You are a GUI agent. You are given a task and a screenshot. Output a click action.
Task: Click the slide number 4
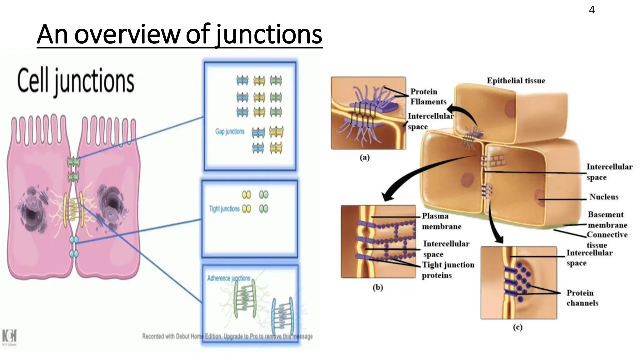pyautogui.click(x=592, y=10)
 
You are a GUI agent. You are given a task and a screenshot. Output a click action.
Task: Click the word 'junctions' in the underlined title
pyautogui.click(x=269, y=35)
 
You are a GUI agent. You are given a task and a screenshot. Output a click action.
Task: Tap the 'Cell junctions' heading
pyautogui.click(x=76, y=81)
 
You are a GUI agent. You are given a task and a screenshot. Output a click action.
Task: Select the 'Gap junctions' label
pyautogui.click(x=230, y=132)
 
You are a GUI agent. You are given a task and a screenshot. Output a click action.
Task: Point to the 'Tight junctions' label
pyautogui.click(x=224, y=209)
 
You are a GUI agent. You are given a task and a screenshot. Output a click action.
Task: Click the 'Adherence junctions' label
pyautogui.click(x=229, y=278)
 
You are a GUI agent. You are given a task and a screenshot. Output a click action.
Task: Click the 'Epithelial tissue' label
pyautogui.click(x=516, y=81)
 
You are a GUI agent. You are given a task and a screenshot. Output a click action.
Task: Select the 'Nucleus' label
pyautogui.click(x=604, y=197)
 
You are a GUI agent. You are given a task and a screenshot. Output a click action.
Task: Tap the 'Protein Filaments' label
pyautogui.click(x=428, y=97)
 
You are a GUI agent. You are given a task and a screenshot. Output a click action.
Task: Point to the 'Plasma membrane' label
pyautogui.click(x=441, y=221)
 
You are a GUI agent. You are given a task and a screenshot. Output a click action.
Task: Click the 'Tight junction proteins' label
pyautogui.click(x=448, y=270)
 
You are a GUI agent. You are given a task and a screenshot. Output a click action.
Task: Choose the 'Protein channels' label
pyautogui.click(x=582, y=298)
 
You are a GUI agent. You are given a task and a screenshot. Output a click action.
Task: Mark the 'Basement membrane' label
pyautogui.click(x=607, y=220)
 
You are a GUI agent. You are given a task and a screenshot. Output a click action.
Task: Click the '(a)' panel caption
pyautogui.click(x=364, y=157)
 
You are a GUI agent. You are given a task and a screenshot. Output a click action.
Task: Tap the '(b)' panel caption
pyautogui.click(x=377, y=287)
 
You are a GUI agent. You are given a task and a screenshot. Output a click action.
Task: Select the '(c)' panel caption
pyautogui.click(x=517, y=327)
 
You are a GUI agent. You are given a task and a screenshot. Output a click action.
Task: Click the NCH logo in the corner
pyautogui.click(x=9, y=337)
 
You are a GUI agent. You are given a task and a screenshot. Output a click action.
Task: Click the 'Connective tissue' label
pyautogui.click(x=607, y=240)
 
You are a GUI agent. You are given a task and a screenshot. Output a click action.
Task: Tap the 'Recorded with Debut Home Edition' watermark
pyautogui.click(x=227, y=336)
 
